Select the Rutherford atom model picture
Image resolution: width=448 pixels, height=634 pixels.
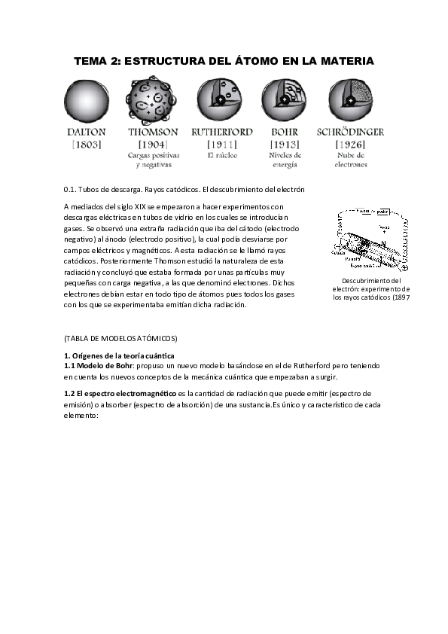tap(219, 99)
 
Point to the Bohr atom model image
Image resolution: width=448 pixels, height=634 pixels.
tap(284, 99)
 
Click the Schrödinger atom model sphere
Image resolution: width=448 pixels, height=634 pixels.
tap(350, 101)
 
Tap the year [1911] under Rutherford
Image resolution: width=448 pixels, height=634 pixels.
tap(221, 144)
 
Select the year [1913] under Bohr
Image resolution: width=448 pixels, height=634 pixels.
tap(284, 144)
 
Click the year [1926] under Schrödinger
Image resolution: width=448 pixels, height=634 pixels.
tap(350, 144)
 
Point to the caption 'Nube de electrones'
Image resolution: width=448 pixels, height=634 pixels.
tap(351, 160)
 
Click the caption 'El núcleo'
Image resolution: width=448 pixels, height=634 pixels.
tap(222, 155)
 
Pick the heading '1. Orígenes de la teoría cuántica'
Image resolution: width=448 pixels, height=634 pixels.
tap(119, 355)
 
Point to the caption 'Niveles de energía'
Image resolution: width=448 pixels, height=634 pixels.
tap(285, 160)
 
